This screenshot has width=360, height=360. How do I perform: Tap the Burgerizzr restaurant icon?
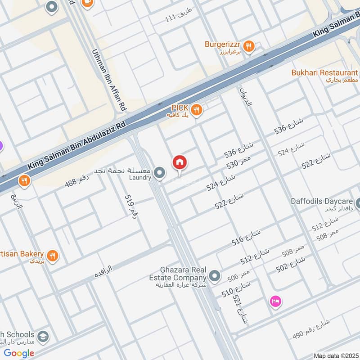tap(249, 45)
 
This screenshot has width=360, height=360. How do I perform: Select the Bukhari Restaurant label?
tap(324, 73)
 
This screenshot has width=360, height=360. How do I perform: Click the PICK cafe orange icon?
tap(196, 109)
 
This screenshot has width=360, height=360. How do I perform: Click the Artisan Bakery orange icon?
tap(53, 256)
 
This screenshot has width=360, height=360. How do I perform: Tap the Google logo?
tap(19, 353)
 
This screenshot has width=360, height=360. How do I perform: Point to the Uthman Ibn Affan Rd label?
tap(109, 80)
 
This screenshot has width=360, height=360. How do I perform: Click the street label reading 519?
tap(130, 207)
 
